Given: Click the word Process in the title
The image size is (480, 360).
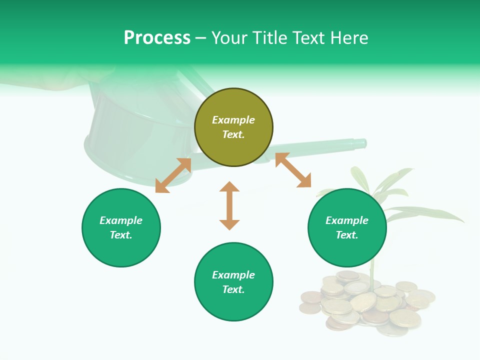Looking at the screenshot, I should pyautogui.click(x=157, y=38).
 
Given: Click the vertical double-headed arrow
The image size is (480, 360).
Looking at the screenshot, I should pyautogui.click(x=229, y=206).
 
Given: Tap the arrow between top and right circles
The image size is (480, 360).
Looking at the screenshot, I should pyautogui.click(x=293, y=170).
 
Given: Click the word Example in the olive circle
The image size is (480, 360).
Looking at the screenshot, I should pyautogui.click(x=233, y=120).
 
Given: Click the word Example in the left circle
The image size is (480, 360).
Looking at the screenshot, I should pyautogui.click(x=121, y=220).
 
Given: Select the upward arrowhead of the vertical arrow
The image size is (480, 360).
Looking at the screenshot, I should pyautogui.click(x=229, y=186).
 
